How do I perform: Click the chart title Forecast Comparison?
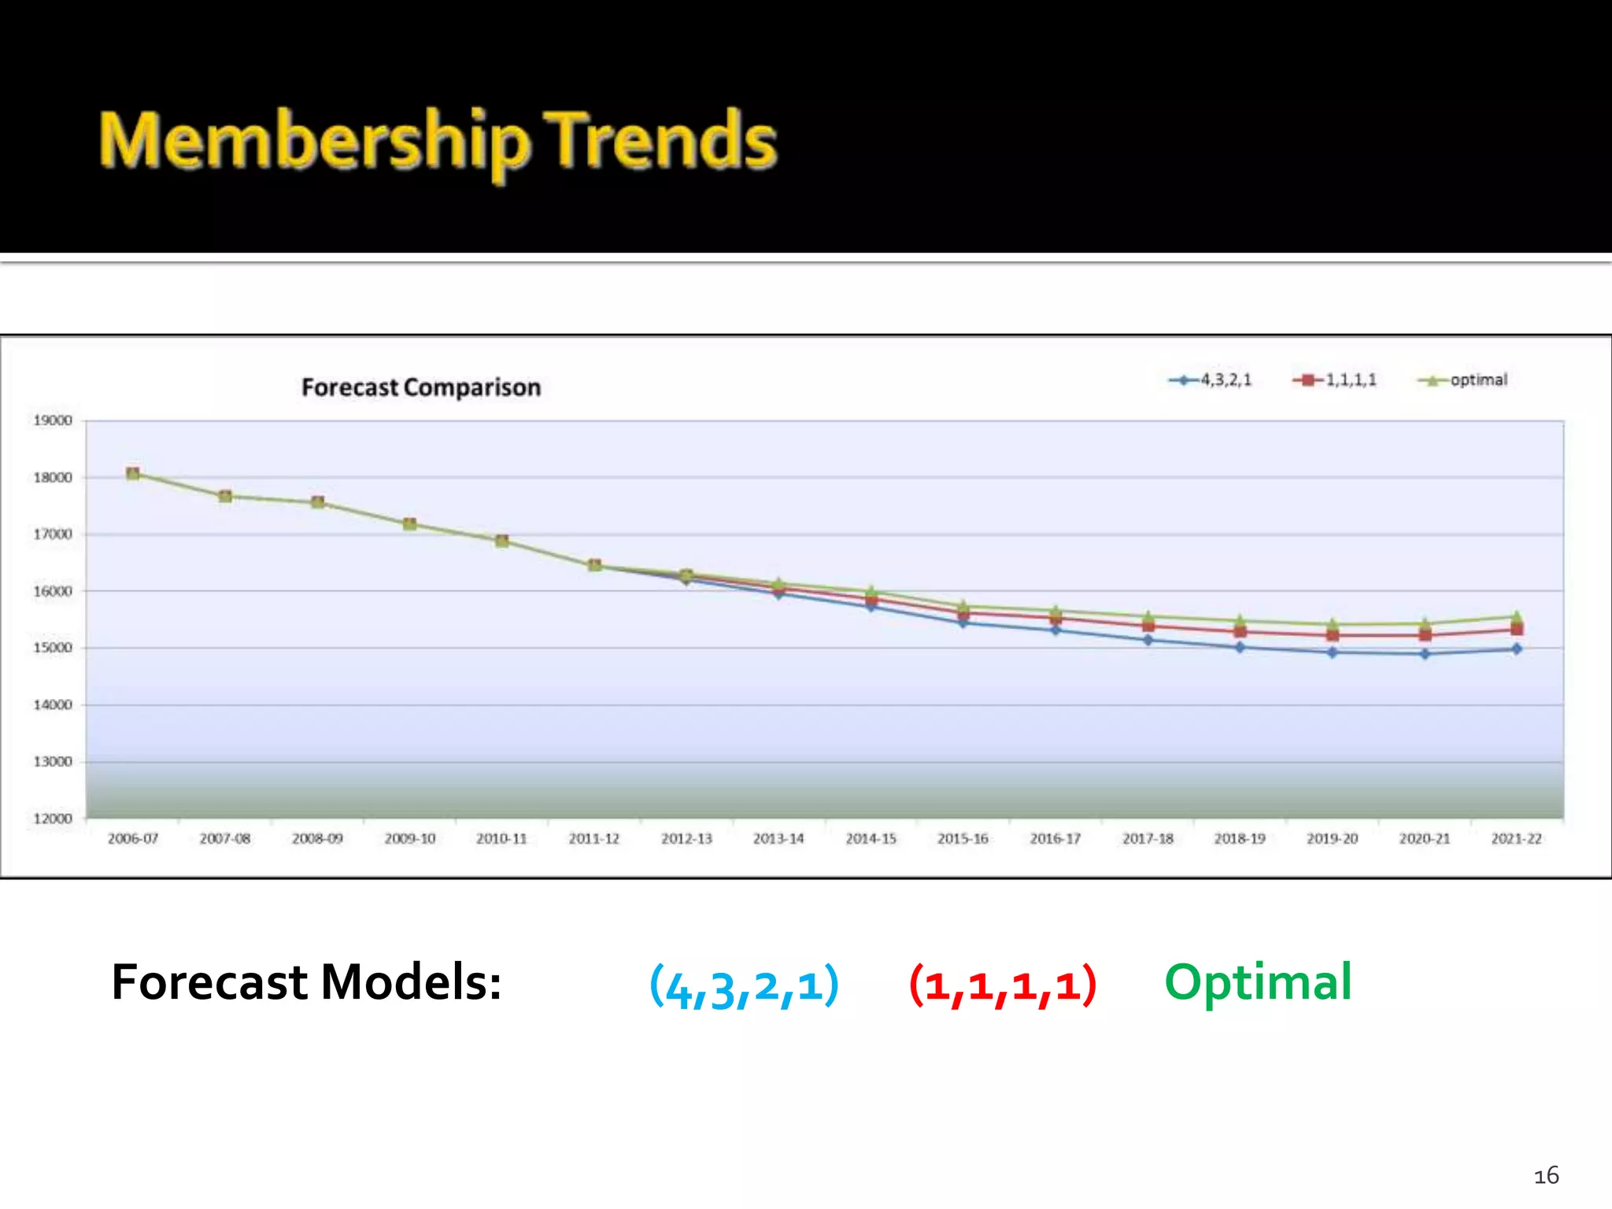point(421,387)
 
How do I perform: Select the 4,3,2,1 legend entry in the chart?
point(1211,380)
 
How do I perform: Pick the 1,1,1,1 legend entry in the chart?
point(1335,380)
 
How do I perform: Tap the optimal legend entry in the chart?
point(1463,380)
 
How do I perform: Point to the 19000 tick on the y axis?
point(53,420)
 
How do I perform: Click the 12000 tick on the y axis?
point(53,819)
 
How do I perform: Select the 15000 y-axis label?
point(53,648)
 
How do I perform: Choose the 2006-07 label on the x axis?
point(133,839)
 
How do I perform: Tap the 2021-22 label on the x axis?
point(1516,839)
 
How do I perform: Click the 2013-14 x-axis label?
point(778,839)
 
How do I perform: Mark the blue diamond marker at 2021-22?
point(1517,649)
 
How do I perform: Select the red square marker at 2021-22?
point(1517,630)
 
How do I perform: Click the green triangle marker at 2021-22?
point(1517,616)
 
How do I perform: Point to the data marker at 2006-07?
point(133,474)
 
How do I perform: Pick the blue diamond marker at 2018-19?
point(1240,648)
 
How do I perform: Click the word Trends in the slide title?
point(661,142)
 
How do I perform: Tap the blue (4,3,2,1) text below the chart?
point(744,985)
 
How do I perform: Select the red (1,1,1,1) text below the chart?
point(1003,985)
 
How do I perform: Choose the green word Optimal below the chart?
point(1258,983)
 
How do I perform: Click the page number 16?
point(1546,1176)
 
